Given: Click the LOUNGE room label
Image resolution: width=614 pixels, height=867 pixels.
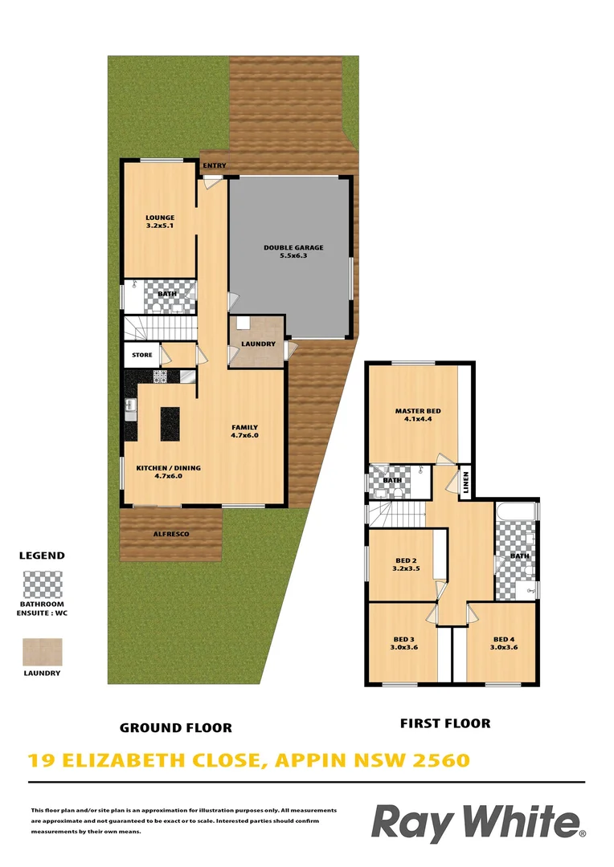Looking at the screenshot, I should point(160,218).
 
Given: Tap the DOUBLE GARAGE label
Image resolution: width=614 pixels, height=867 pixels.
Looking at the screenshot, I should point(293,247).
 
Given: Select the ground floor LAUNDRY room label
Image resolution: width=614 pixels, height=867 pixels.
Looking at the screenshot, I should point(258,344).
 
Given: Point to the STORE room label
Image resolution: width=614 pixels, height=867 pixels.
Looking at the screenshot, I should point(142,355).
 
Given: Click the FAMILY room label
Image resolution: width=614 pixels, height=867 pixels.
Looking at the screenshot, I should point(244,427).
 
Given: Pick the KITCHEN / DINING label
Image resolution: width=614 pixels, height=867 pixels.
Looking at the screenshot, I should point(168,467).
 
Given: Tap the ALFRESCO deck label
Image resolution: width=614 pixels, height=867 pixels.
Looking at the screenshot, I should point(170,533).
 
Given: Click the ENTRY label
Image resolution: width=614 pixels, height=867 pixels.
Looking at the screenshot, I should point(215,166).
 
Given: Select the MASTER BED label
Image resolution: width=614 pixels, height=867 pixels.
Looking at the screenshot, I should point(417,411).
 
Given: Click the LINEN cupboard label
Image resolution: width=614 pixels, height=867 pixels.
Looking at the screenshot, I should point(465,482).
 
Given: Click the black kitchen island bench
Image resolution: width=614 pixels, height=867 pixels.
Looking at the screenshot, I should point(170,419).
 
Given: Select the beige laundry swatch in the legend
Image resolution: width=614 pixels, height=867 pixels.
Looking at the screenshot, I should point(43,652).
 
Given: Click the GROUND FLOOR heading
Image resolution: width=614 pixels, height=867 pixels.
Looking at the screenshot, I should point(175,728).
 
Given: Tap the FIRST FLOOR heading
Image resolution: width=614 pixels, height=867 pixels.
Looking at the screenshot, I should point(445,723).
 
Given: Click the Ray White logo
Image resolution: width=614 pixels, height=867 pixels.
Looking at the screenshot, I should point(477,824).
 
